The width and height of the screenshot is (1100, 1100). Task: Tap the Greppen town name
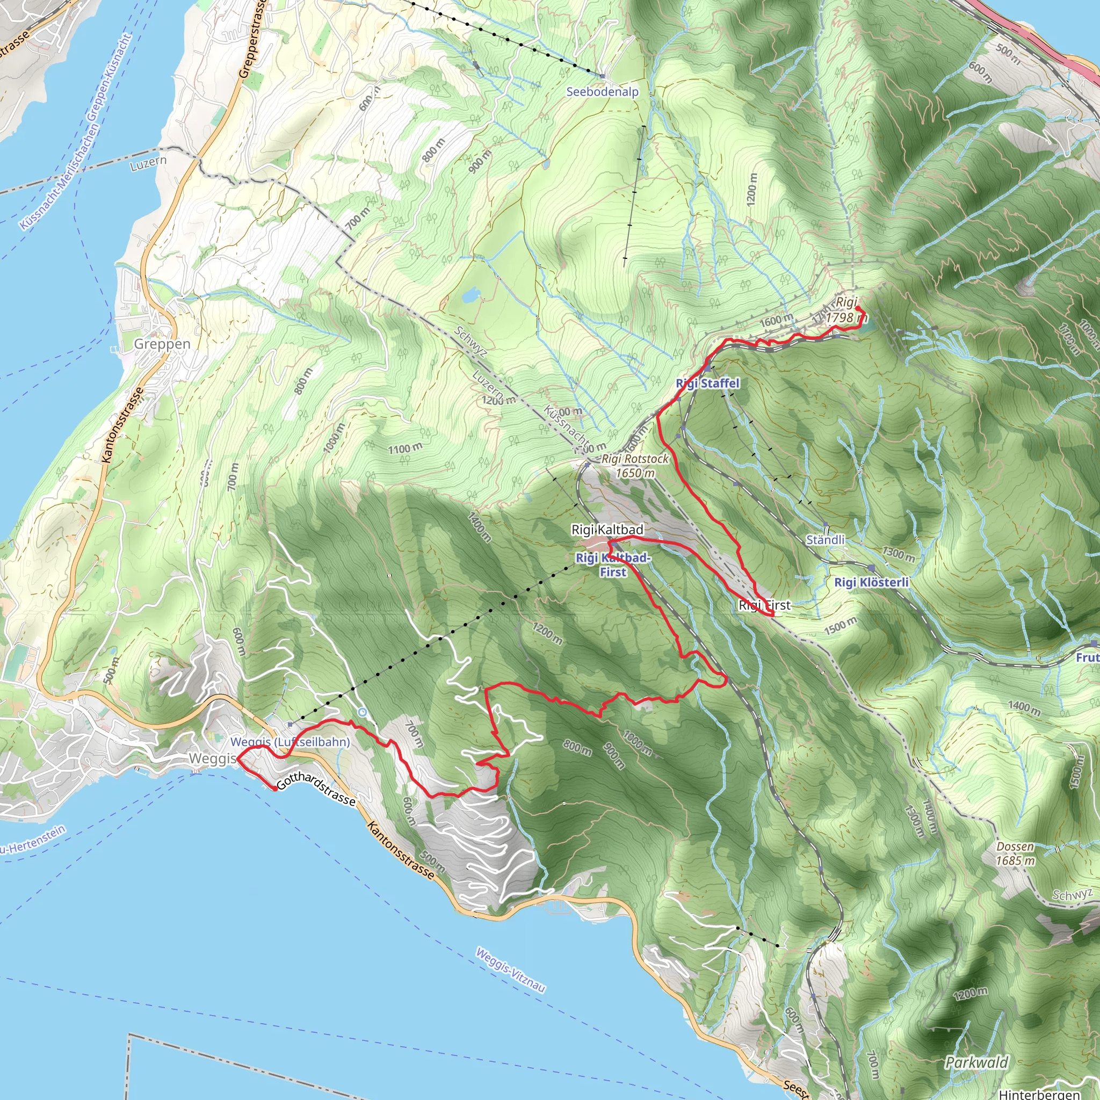tap(162, 344)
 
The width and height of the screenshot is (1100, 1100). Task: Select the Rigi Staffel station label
tap(707, 383)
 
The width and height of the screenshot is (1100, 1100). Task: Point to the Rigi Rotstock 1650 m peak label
tap(635, 466)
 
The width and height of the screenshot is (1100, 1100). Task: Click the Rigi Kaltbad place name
tap(607, 530)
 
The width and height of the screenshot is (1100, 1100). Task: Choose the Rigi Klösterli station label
tap(871, 582)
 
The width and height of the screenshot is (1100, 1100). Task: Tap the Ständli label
tap(825, 540)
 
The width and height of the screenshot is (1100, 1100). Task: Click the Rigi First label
tap(764, 605)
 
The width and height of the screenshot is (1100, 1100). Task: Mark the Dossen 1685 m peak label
tap(1015, 853)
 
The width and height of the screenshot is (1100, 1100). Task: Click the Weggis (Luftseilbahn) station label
tap(290, 742)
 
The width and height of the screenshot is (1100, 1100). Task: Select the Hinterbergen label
tap(1039, 1094)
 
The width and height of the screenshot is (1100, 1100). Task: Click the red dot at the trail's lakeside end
tap(275, 788)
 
